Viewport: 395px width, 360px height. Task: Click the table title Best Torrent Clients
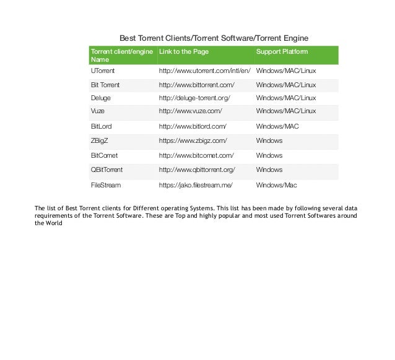click(x=213, y=38)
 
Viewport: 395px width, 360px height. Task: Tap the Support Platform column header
click(x=282, y=51)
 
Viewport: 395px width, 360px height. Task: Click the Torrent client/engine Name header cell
click(x=121, y=55)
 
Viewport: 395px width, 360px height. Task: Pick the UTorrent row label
click(x=103, y=71)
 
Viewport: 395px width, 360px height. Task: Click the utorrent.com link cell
click(x=204, y=71)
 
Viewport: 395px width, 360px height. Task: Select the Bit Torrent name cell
click(x=105, y=85)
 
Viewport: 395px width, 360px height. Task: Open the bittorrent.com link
click(x=196, y=85)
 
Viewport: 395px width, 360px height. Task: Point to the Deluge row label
click(x=102, y=98)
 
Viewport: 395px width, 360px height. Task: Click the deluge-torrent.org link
click(x=194, y=98)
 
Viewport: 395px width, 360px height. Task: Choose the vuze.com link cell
click(x=190, y=111)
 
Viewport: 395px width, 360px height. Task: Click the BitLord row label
click(x=102, y=126)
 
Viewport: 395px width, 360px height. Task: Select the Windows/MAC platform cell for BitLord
click(x=277, y=126)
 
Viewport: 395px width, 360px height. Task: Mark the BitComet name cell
click(x=104, y=155)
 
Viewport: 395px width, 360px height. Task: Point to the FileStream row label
click(x=106, y=184)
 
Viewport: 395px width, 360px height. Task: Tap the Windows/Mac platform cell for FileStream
click(x=277, y=184)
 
